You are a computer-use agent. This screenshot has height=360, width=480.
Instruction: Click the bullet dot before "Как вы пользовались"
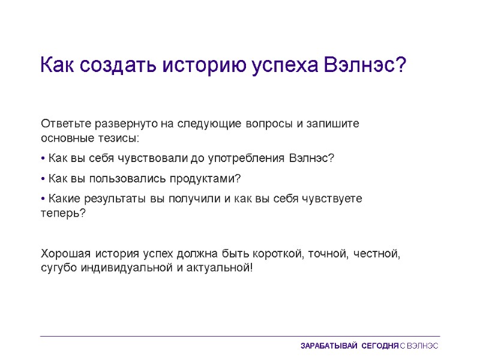(43, 179)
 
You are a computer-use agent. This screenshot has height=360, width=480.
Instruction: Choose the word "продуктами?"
(205, 179)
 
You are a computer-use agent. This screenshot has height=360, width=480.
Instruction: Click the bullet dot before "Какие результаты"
(43, 199)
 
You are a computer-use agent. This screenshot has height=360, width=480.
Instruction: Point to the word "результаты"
(111, 199)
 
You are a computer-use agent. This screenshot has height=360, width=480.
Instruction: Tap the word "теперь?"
(64, 214)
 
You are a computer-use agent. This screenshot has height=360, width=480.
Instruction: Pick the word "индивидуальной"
(127, 268)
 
